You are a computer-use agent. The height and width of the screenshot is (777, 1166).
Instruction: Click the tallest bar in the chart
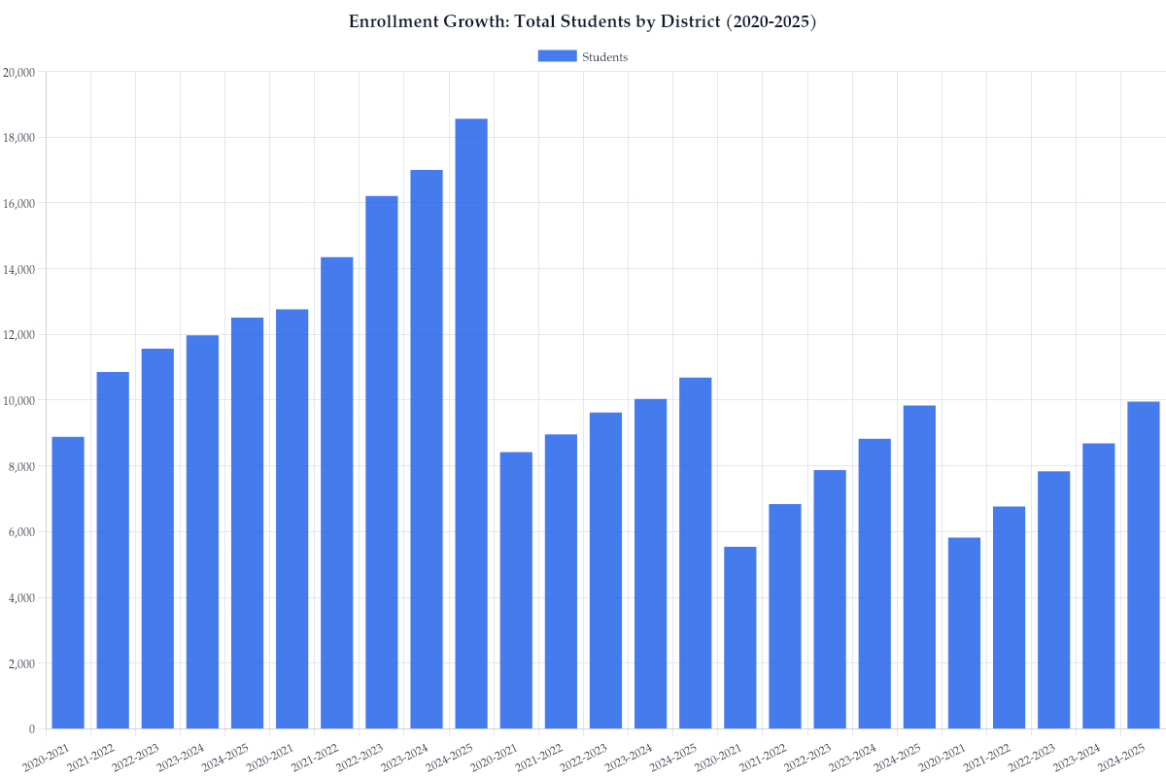(x=471, y=423)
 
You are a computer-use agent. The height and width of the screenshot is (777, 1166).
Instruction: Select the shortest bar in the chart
(x=740, y=637)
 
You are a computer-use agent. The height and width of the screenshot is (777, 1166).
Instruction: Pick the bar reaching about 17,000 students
(x=427, y=449)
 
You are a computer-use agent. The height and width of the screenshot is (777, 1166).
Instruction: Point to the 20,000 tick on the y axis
(x=19, y=72)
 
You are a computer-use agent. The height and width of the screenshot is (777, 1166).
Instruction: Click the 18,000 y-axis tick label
(x=19, y=138)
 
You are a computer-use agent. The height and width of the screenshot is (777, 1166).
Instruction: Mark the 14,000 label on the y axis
(x=19, y=269)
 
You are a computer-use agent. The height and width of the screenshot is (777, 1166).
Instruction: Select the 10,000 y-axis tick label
(x=19, y=400)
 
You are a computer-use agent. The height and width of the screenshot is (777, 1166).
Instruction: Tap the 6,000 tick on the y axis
(x=22, y=532)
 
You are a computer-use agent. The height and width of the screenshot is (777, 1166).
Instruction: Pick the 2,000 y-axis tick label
(x=22, y=663)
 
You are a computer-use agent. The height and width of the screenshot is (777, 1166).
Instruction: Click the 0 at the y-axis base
(x=32, y=729)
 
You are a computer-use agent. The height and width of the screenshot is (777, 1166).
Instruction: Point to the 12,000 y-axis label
(x=19, y=335)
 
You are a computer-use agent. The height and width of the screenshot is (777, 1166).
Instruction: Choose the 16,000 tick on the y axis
(x=19, y=203)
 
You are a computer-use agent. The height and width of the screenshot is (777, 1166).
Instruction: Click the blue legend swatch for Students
(x=557, y=56)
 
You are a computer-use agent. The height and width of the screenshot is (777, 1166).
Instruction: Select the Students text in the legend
(x=604, y=57)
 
